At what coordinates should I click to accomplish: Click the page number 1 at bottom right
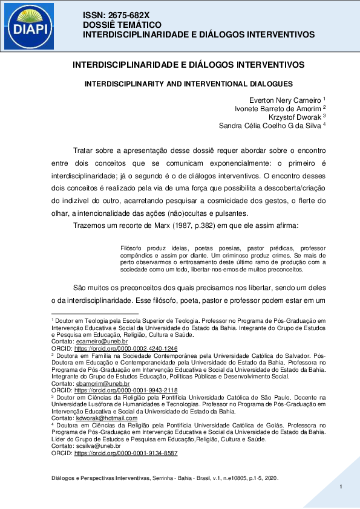click(341, 487)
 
